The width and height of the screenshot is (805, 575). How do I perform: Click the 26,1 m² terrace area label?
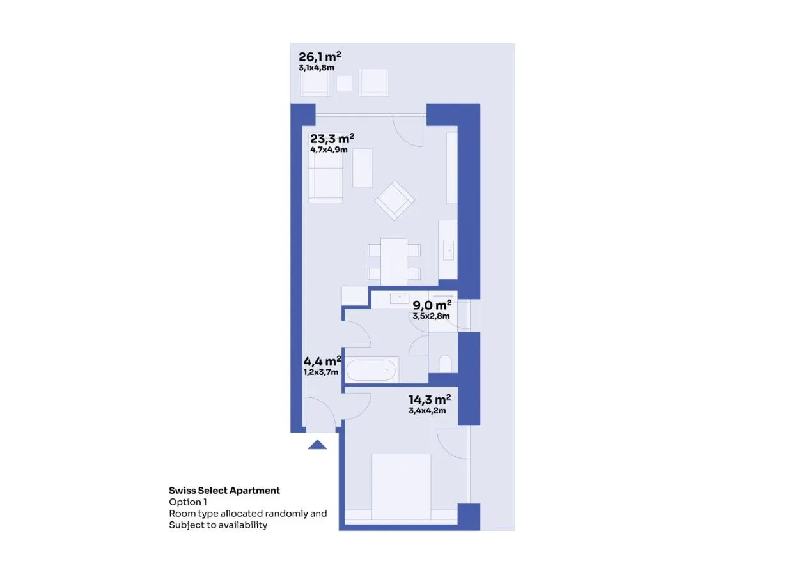pos(320,57)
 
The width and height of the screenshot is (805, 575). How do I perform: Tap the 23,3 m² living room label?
pos(332,138)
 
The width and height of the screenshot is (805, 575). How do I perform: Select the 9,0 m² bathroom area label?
pos(432,305)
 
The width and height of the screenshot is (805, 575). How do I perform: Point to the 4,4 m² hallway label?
pos(322,360)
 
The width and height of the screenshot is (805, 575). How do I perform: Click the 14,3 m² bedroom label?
pos(430,399)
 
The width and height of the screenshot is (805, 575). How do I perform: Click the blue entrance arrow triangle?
pos(317,445)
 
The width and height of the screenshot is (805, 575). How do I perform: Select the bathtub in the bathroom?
pos(372,369)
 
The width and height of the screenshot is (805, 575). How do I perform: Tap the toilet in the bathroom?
pos(445,364)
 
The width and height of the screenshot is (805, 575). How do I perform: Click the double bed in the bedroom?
pos(401,487)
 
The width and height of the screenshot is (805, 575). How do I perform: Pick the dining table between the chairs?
pos(394,262)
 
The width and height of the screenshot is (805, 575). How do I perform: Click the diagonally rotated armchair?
pos(395,201)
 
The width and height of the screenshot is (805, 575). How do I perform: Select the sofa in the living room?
pos(325,176)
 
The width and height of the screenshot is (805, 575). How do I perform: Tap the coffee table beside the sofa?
pos(363,168)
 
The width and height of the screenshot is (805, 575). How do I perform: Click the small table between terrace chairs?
pos(344,83)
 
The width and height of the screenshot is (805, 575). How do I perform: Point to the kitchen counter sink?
pos(448,250)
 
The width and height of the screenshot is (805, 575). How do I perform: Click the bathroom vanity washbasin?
pos(399,298)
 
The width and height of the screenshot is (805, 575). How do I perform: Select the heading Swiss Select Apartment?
pos(224,490)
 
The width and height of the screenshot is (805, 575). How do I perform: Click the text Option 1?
pos(188,502)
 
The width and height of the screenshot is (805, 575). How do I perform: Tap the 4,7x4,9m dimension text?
pos(329,149)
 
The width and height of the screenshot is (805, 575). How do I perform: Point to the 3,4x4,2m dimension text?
pos(427,411)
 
